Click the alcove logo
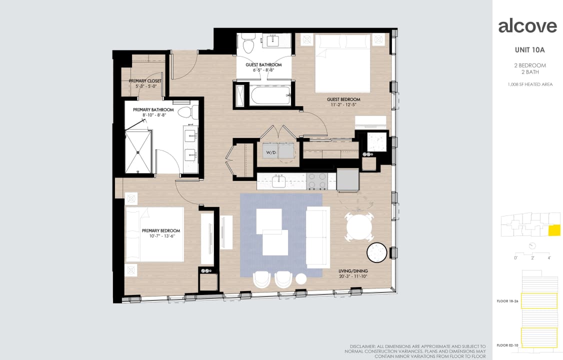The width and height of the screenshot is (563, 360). [x=527, y=25]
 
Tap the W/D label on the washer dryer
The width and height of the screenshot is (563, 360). [x=270, y=152]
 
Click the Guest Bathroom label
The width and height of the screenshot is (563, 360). [x=263, y=65]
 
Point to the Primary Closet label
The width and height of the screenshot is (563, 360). [x=145, y=80]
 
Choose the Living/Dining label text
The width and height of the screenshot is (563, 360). [x=353, y=271]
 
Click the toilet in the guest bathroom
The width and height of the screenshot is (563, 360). [x=247, y=43]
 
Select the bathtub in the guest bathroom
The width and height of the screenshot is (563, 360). [x=270, y=95]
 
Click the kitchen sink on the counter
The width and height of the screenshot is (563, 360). [x=278, y=181]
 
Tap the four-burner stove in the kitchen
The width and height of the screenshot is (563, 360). [x=316, y=181]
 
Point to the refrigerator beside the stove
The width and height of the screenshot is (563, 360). [x=347, y=179]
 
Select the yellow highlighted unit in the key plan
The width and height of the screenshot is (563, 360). [x=554, y=230]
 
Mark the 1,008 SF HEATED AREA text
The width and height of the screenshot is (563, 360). [x=530, y=84]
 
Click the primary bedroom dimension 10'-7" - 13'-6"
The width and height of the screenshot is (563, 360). [x=160, y=236]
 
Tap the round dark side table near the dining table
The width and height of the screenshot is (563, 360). [x=377, y=252]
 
